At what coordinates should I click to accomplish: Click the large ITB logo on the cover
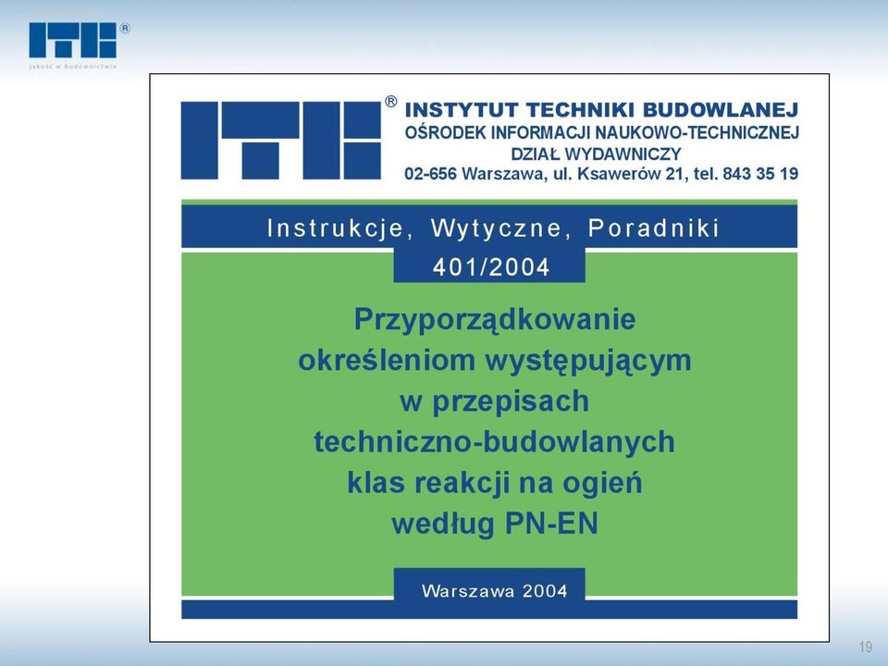(281, 141)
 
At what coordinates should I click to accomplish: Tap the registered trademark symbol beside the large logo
(390, 102)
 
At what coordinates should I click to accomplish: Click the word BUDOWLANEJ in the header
(721, 109)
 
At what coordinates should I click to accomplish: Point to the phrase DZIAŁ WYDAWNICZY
(596, 154)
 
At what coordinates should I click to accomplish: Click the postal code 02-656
(430, 174)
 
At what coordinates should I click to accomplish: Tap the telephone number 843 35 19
(760, 174)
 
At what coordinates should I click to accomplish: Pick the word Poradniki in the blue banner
(654, 228)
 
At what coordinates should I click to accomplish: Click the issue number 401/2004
(491, 267)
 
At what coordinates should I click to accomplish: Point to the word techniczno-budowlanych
(494, 442)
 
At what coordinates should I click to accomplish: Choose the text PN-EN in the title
(551, 524)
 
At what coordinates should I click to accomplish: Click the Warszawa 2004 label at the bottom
(494, 591)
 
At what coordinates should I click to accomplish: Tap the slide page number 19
(866, 647)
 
